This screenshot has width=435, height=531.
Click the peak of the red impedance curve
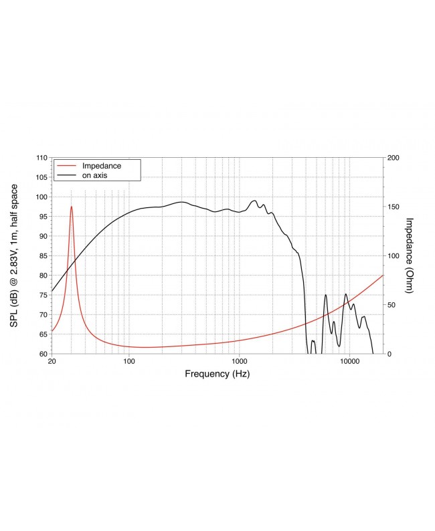[72, 207]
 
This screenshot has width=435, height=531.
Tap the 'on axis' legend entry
[95, 175]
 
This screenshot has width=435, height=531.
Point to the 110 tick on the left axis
[41, 158]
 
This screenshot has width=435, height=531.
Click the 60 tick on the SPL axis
[43, 354]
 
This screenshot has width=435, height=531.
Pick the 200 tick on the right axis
[394, 158]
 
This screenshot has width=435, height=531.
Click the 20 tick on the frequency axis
[52, 362]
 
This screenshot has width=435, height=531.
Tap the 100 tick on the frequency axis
[129, 362]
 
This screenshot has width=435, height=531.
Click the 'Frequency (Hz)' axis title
[217, 375]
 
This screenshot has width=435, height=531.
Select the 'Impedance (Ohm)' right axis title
[410, 255]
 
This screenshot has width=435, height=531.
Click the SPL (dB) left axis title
[14, 255]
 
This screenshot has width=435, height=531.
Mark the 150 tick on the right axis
[394, 207]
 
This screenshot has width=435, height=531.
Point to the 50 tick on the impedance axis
[391, 305]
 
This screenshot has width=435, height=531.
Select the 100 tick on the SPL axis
[41, 197]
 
